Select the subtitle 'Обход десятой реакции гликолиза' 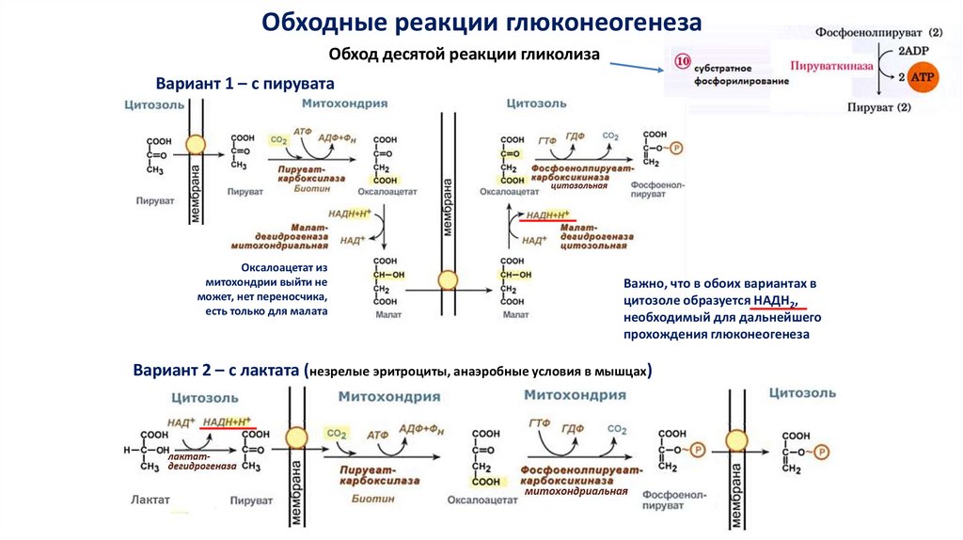click(465, 54)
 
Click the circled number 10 click(682, 63)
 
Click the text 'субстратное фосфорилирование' click(728, 76)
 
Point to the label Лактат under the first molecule click(150, 500)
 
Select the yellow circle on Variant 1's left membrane click(196, 145)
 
